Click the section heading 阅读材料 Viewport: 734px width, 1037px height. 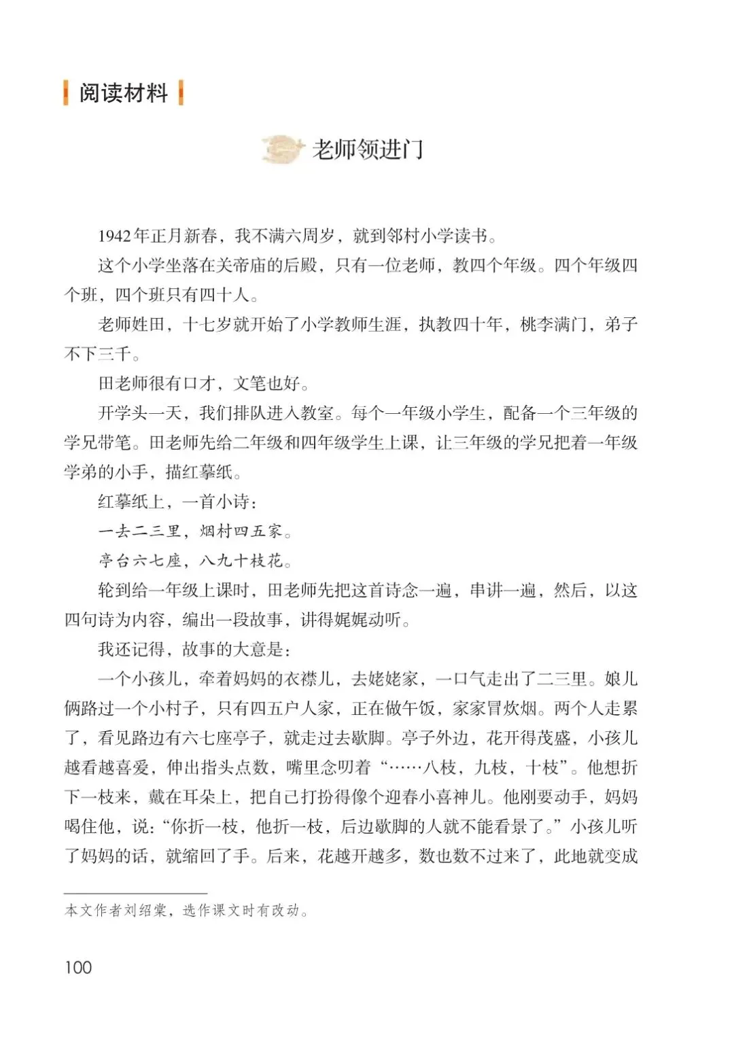tap(123, 93)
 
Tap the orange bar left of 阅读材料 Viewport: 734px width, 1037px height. tap(66, 93)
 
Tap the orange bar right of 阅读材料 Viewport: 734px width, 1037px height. tap(181, 93)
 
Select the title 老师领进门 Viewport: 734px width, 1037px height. tap(368, 150)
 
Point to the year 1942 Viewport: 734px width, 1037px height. tap(114, 236)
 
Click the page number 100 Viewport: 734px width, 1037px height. tap(78, 967)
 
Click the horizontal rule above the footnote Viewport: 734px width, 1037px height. tap(136, 893)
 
